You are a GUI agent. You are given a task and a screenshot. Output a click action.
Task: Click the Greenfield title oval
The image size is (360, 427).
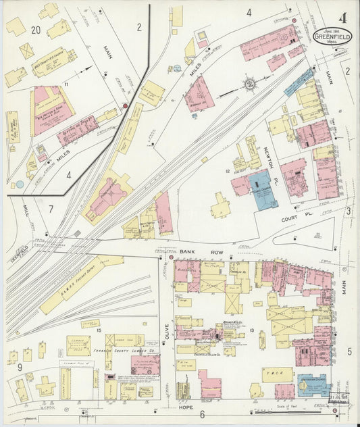point(332,36)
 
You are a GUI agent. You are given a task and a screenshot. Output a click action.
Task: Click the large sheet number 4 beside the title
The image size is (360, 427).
point(344,17)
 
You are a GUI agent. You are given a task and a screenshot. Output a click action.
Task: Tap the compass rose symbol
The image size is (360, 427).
point(250,84)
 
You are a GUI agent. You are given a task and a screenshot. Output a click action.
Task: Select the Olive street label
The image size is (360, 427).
point(166,330)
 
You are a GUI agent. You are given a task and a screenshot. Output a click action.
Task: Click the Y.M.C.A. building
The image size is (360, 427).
point(277,374)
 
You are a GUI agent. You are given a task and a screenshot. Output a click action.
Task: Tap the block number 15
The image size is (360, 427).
point(98,330)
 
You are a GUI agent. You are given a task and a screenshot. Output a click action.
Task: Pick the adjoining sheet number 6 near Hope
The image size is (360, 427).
point(201,413)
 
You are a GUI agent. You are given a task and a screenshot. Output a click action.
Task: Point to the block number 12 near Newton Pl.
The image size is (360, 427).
point(228,172)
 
